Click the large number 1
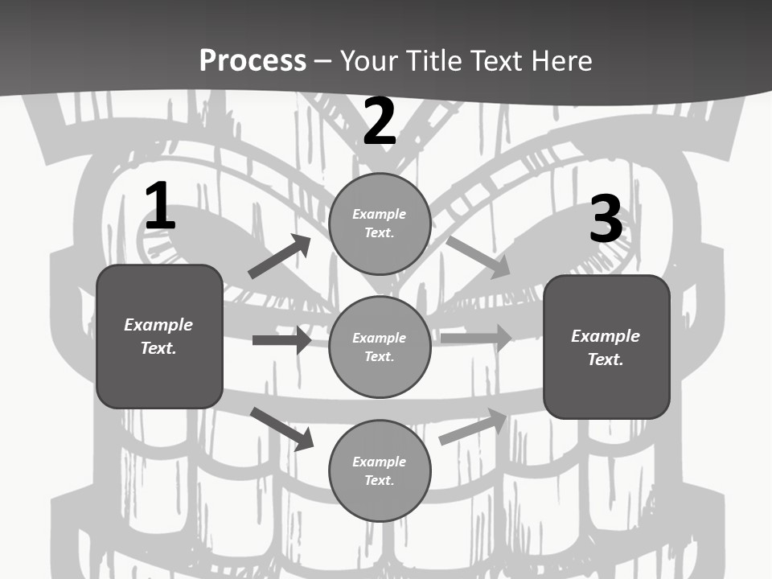pos(160,207)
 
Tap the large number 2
pos(380,121)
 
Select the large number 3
pos(606,220)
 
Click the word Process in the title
pos(253,60)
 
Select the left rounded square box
pos(159,336)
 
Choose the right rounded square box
pos(606,347)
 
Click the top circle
pos(380,224)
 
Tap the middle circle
pos(380,347)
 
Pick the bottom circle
pos(380,470)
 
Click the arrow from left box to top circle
pos(279,257)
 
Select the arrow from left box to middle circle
pos(281,340)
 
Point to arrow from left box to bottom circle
pos(282,429)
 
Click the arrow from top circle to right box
pos(478,257)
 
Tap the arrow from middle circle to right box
pos(476,338)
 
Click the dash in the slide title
pos(323,61)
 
